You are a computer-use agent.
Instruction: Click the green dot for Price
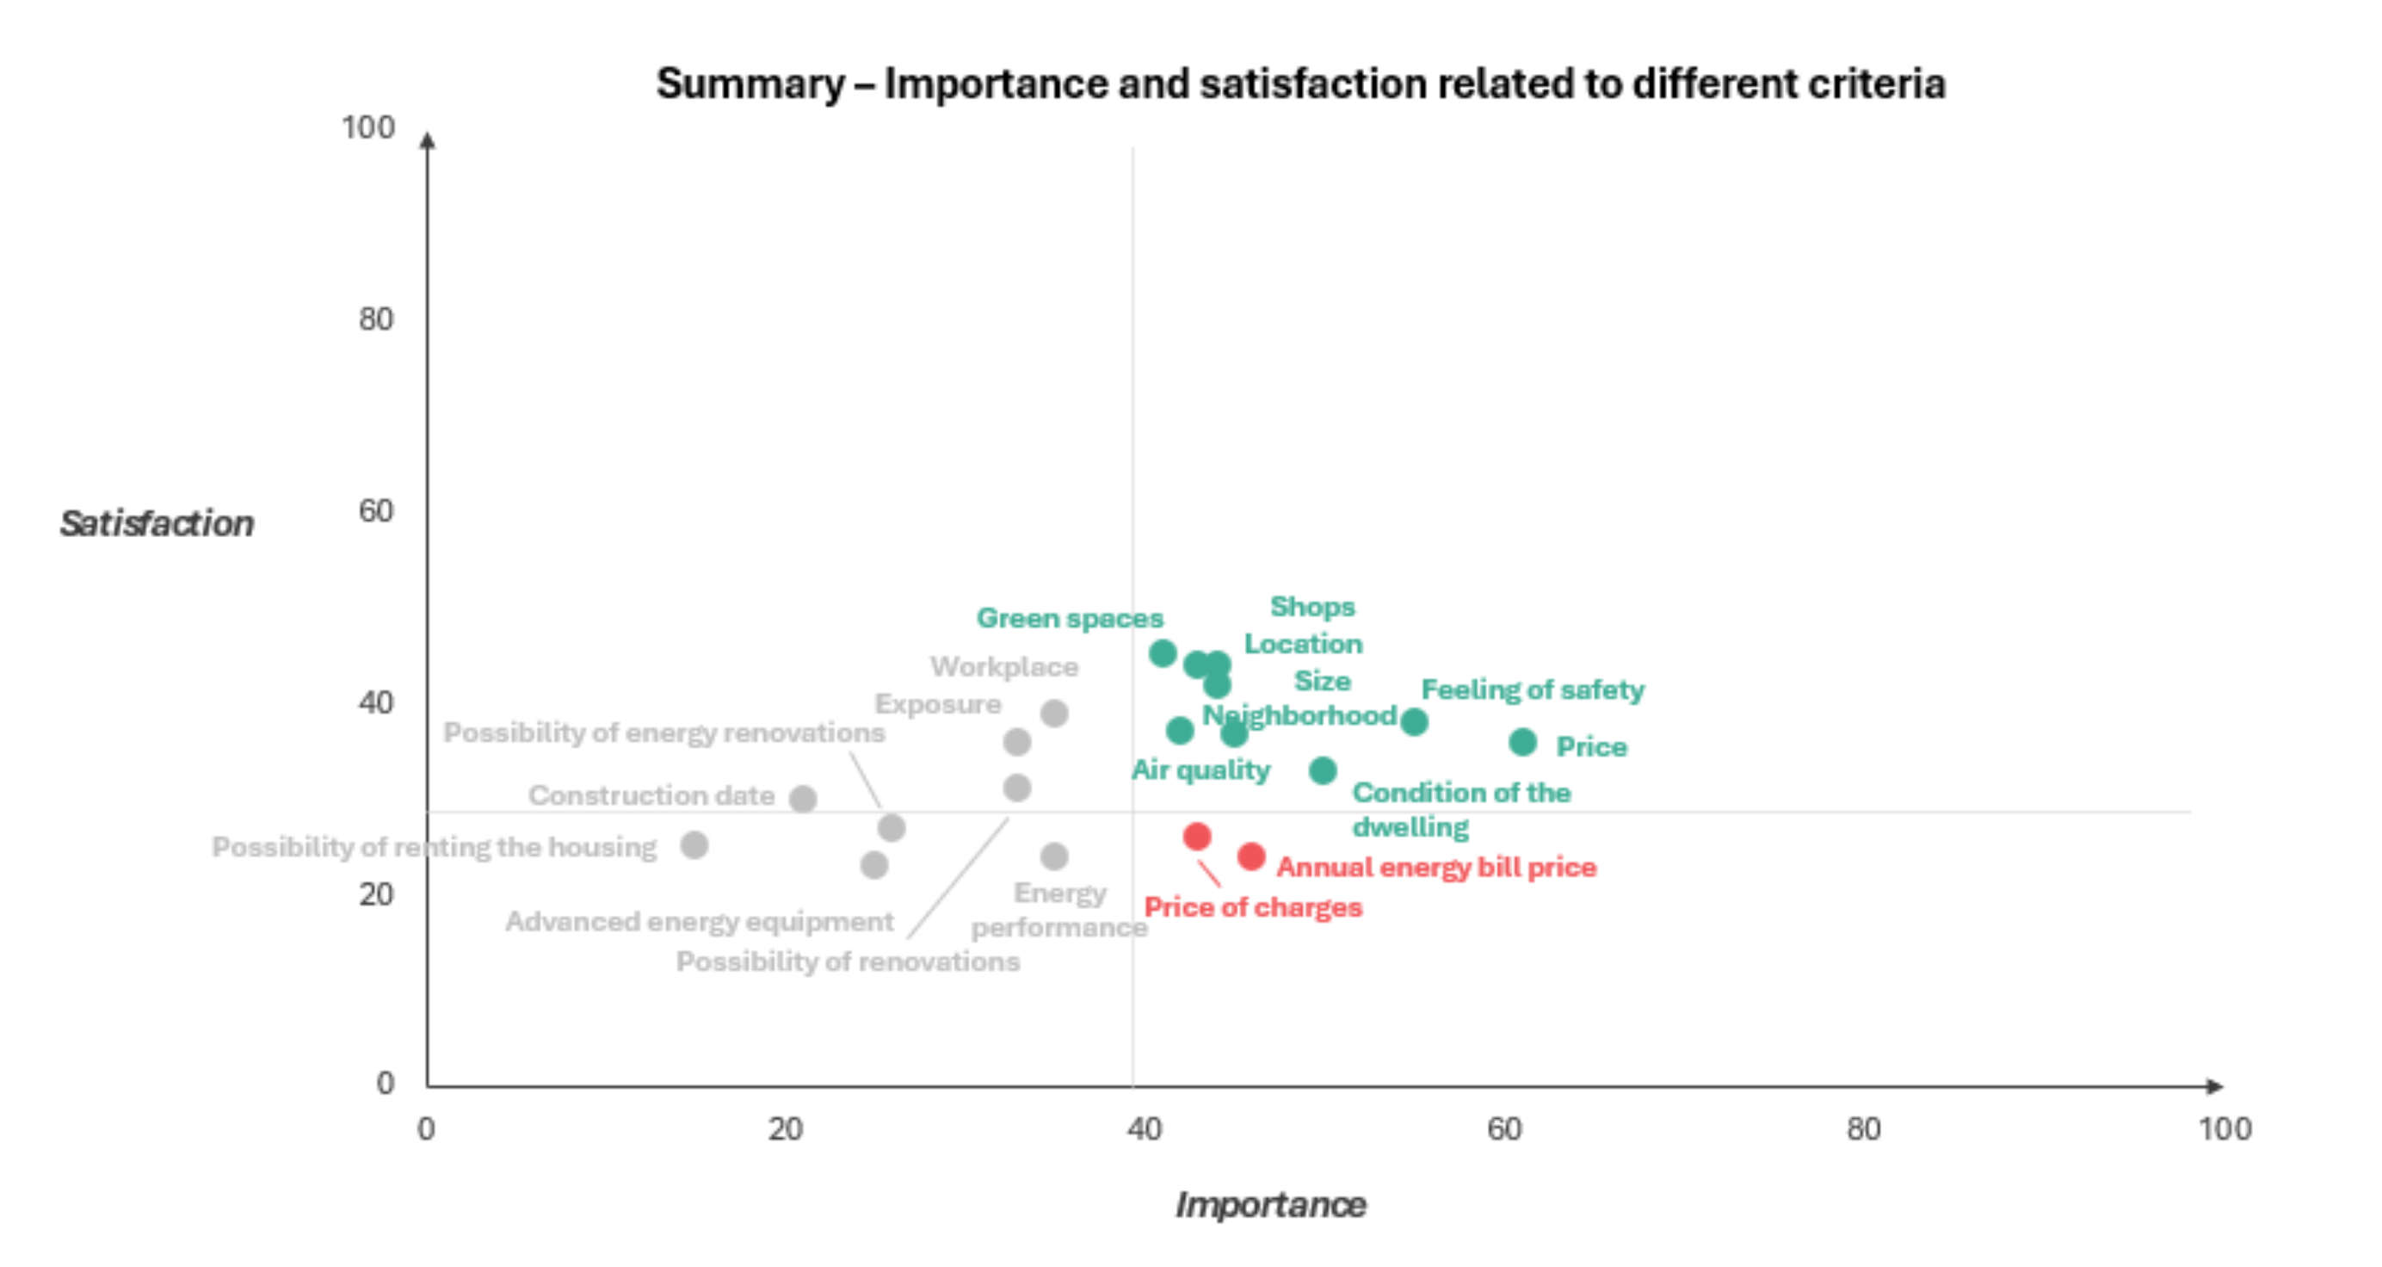tap(1523, 742)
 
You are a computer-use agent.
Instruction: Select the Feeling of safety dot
tap(1414, 721)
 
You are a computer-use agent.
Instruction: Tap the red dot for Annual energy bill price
tap(1251, 856)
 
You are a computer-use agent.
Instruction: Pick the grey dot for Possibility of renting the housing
tap(694, 844)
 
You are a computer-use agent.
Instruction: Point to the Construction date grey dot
tap(803, 798)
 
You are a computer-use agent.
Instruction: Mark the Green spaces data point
tap(1163, 653)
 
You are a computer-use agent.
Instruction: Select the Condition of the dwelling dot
tap(1324, 769)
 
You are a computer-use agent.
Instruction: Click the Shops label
tap(1312, 607)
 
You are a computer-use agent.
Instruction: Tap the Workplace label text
tap(1004, 667)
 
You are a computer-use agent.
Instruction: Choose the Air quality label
tap(1200, 769)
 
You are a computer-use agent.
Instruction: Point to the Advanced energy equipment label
tap(699, 921)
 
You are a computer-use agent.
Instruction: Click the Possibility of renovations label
tap(848, 961)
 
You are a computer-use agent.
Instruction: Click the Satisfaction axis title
tap(157, 523)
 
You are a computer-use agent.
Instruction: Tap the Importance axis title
tap(1270, 1205)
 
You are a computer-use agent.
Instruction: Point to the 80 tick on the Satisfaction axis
tap(375, 319)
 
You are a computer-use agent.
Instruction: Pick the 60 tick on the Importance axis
tap(1504, 1129)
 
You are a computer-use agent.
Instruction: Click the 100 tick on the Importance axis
tap(2225, 1129)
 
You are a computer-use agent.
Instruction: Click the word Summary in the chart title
tap(750, 84)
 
